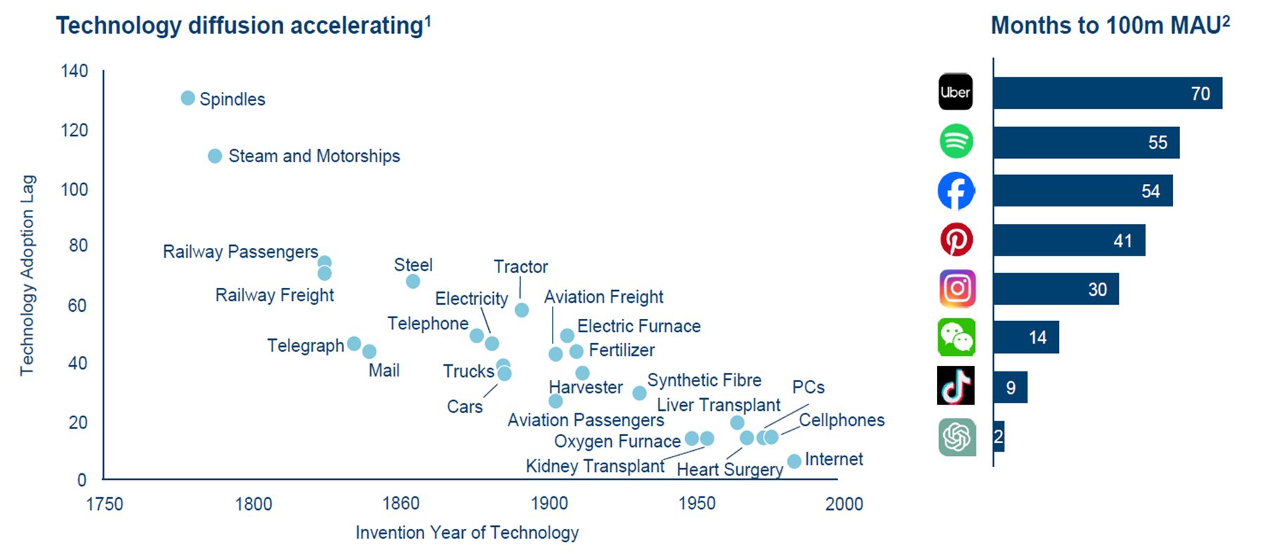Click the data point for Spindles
[188, 98]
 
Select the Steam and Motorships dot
[215, 156]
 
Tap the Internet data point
[794, 461]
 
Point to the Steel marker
[413, 282]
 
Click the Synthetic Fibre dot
[639, 393]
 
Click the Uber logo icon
[956, 92]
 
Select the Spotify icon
[956, 141]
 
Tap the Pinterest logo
[956, 239]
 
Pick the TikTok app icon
[956, 386]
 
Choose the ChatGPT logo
[957, 437]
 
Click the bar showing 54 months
[1082, 191]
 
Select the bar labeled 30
[1056, 289]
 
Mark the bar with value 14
[1025, 338]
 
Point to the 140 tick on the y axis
[74, 71]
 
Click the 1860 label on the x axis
[401, 504]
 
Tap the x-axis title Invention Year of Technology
[467, 533]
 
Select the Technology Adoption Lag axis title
[27, 275]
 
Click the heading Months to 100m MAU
[1110, 26]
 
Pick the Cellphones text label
[841, 420]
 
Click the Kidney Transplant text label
[595, 466]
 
